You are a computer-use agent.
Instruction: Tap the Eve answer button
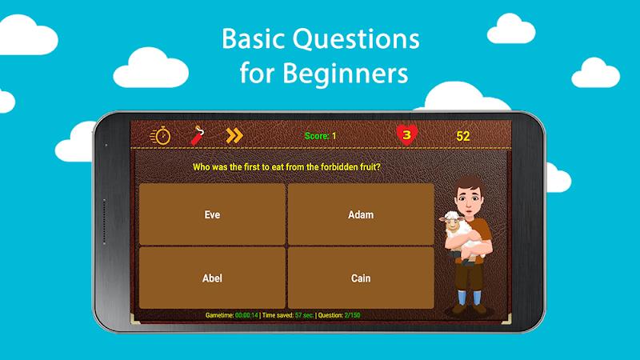point(212,214)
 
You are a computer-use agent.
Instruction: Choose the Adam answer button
point(361,214)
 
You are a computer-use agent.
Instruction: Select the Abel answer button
point(212,278)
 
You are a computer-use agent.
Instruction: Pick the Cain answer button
point(361,278)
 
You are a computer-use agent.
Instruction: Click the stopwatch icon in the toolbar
point(161,135)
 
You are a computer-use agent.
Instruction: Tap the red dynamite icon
point(197,135)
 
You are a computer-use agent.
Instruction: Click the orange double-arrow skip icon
point(234,135)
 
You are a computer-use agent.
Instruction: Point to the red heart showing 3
point(406,135)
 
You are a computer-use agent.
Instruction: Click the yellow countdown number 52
point(463,136)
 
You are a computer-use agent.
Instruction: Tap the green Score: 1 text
point(321,136)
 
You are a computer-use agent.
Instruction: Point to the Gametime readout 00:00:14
point(246,316)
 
